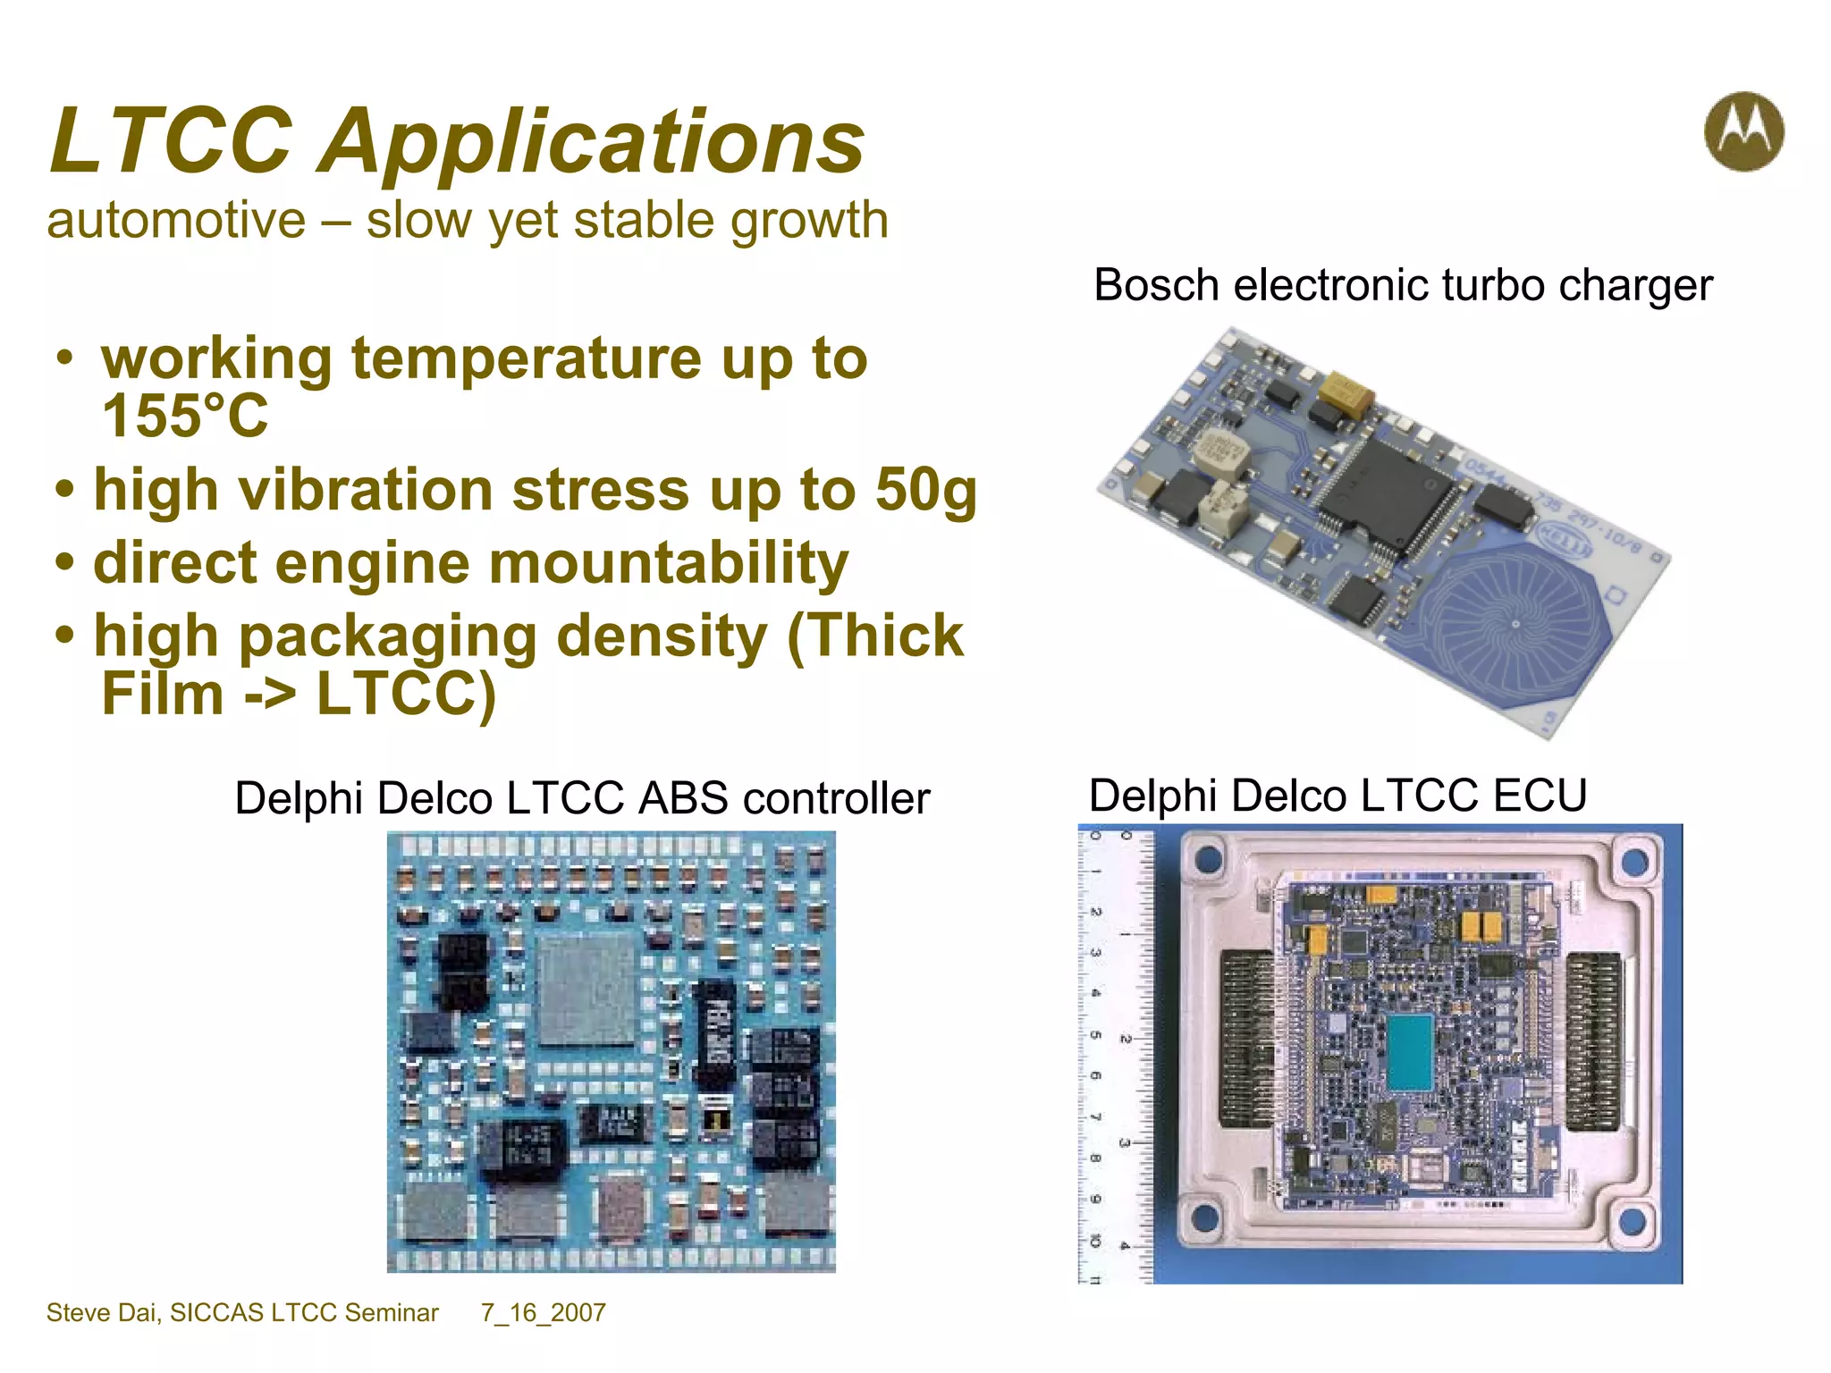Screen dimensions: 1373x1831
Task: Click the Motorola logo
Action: pos(1743,131)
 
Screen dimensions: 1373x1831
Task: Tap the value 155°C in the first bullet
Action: pos(185,416)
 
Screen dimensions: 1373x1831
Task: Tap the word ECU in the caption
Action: pos(1540,796)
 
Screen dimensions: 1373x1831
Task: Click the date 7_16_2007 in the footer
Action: pos(543,1312)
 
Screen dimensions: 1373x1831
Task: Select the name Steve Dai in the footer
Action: pos(103,1312)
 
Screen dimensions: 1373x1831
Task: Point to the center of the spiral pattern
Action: pos(1515,623)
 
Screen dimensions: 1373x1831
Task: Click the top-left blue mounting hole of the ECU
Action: pos(1208,859)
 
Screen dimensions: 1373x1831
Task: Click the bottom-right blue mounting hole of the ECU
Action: pos(1633,1218)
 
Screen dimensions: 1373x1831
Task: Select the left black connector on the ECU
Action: pos(1245,1037)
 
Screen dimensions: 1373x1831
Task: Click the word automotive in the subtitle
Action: pos(176,221)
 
